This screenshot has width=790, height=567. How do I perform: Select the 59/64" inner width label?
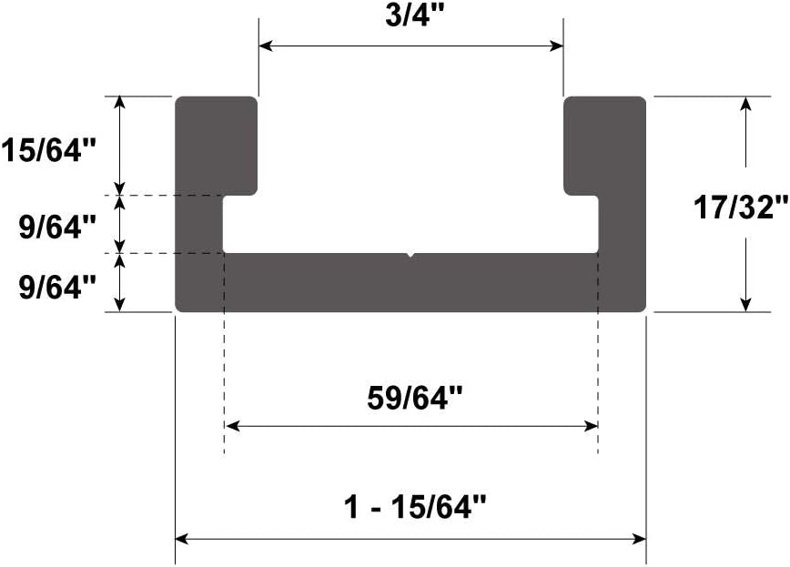click(x=415, y=398)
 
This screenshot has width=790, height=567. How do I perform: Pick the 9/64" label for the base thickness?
click(x=56, y=288)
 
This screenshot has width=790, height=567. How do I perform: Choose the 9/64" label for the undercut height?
click(x=56, y=225)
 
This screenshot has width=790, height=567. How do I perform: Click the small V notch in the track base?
click(x=410, y=256)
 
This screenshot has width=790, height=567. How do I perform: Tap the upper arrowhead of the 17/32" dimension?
click(x=746, y=102)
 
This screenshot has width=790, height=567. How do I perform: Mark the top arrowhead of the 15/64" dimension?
click(x=119, y=102)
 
